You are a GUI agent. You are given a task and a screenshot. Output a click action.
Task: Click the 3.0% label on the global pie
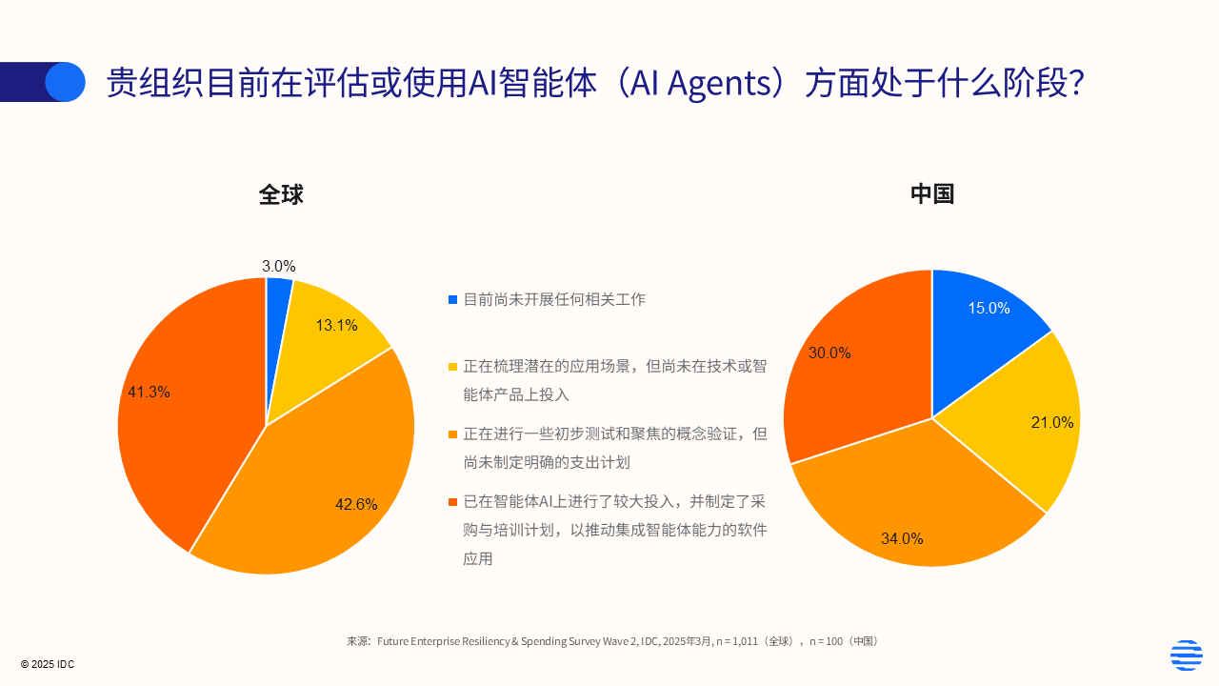tap(279, 267)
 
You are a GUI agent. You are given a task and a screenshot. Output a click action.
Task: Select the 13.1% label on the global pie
tap(336, 326)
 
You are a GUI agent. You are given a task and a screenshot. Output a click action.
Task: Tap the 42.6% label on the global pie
tap(356, 505)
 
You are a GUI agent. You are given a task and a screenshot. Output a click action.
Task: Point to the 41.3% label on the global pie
tap(149, 392)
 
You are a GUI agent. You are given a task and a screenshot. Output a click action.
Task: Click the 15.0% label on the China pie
tap(989, 309)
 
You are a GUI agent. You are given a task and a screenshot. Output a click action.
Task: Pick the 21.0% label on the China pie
tap(1051, 423)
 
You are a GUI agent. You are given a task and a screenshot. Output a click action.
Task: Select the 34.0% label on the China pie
tap(902, 539)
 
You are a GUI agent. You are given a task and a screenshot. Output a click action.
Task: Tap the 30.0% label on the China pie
tap(829, 353)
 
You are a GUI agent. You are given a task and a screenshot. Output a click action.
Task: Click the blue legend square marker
tap(452, 300)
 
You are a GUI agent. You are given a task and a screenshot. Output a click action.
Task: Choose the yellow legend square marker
tap(452, 367)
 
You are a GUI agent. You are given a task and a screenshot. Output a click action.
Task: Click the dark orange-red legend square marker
tap(452, 501)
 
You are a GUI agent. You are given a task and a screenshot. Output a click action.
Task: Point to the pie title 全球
tap(281, 194)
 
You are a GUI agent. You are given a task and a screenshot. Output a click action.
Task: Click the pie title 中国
tap(932, 193)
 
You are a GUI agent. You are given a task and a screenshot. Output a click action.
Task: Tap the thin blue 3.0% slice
tap(278, 295)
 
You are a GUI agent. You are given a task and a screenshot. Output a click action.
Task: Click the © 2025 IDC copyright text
tap(48, 664)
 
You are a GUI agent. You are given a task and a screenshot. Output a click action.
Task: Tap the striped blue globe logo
tap(1186, 656)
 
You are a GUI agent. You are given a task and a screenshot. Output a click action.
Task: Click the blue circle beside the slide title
tap(65, 82)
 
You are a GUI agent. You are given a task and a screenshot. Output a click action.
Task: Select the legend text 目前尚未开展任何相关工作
tap(554, 299)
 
